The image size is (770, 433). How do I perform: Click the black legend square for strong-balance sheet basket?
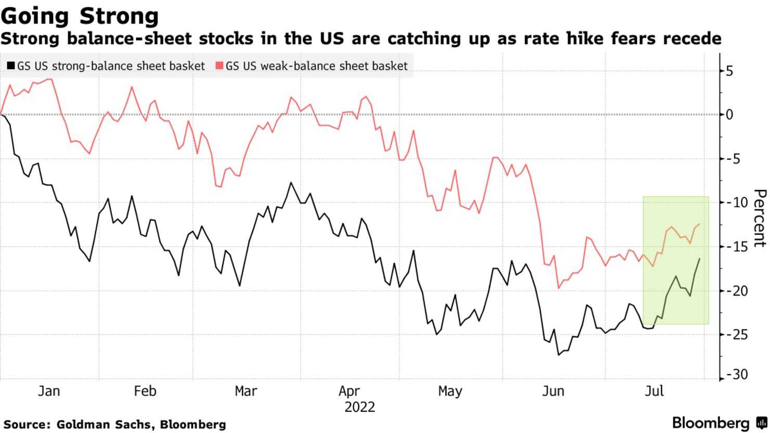[10, 66]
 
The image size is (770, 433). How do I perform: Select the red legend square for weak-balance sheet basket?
[219, 66]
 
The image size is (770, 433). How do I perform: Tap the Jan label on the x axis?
[49, 391]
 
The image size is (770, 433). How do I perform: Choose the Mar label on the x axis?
[246, 391]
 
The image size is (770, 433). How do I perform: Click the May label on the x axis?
[450, 391]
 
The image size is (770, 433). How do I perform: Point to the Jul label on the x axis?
[654, 391]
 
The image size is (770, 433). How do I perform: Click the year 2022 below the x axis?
[360, 406]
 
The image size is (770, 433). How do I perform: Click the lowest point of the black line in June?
[559, 355]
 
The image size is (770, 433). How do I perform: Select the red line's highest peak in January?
[50, 79]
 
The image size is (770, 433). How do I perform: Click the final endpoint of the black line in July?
[699, 259]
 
